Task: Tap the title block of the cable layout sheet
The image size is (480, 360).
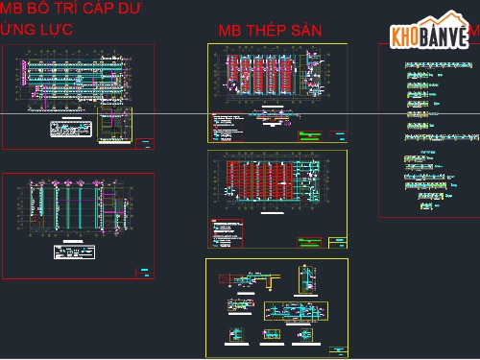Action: click(144, 143)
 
